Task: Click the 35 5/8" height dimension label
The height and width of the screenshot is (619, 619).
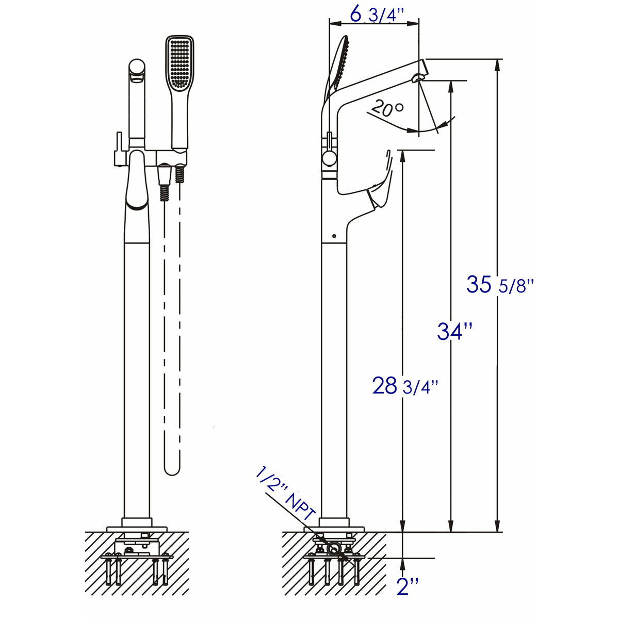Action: click(499, 285)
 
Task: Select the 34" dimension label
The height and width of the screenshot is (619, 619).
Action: click(454, 331)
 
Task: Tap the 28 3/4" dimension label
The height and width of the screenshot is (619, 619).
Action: click(405, 385)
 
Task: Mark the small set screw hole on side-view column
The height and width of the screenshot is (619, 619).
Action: click(334, 236)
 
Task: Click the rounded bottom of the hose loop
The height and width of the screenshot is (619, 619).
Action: click(173, 468)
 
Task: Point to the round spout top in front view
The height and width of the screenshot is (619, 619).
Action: click(137, 68)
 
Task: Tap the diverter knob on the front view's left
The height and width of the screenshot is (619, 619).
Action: click(118, 150)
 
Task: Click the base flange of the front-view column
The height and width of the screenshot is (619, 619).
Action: click(137, 522)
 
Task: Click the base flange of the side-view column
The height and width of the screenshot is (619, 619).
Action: click(334, 523)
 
